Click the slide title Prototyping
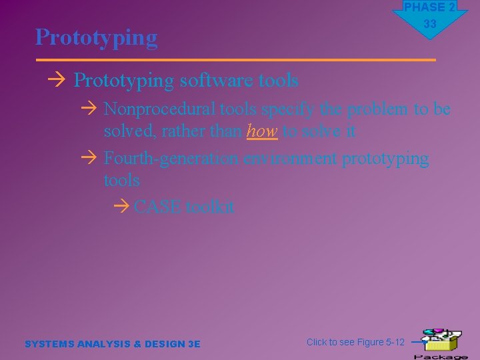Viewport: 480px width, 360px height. tap(97, 37)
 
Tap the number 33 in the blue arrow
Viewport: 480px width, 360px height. tap(430, 24)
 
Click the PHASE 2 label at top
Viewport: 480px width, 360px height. tap(429, 7)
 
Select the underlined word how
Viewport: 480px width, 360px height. tap(261, 131)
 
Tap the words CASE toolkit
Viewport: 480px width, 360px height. tap(184, 207)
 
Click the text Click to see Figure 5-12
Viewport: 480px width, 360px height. tap(355, 342)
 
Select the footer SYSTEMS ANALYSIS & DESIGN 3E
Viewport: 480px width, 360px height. tap(112, 344)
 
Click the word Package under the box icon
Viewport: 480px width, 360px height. tap(441, 357)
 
